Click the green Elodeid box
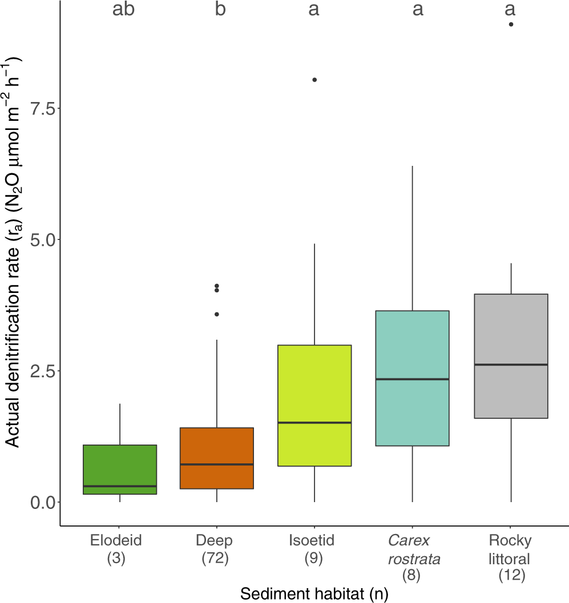[120, 469]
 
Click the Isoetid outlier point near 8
[314, 80]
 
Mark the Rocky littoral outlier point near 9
[511, 25]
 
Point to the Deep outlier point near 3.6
[217, 314]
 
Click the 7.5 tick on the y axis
[58, 108]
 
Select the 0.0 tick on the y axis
[58, 502]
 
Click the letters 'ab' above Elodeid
[123, 10]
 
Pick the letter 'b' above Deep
[220, 10]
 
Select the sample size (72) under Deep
[215, 559]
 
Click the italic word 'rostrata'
[410, 559]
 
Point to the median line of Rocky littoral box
[511, 364]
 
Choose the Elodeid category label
[116, 540]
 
